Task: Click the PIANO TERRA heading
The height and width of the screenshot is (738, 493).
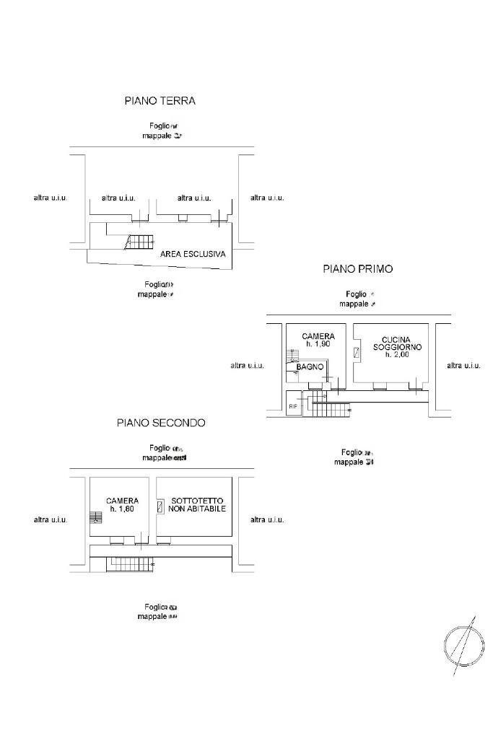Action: coord(160,101)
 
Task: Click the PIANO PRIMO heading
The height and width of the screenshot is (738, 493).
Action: coord(357,269)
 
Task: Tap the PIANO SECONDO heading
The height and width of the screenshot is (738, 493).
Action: coord(161,423)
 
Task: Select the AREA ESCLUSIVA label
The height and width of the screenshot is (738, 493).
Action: coord(193,254)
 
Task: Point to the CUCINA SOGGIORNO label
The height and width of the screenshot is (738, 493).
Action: coord(397,343)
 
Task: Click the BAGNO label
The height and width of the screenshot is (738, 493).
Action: coord(310,367)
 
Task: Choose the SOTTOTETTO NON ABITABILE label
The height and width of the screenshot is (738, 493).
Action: coord(197,504)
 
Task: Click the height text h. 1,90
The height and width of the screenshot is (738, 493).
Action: coord(318,344)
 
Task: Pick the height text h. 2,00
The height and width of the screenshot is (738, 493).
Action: coord(397,354)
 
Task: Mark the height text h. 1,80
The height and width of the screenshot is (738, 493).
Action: coord(122,509)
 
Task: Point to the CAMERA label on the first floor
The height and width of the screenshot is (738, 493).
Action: coord(318,336)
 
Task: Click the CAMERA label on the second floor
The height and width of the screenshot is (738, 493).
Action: coord(122,501)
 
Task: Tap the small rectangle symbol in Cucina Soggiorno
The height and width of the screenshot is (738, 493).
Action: coord(357,353)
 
